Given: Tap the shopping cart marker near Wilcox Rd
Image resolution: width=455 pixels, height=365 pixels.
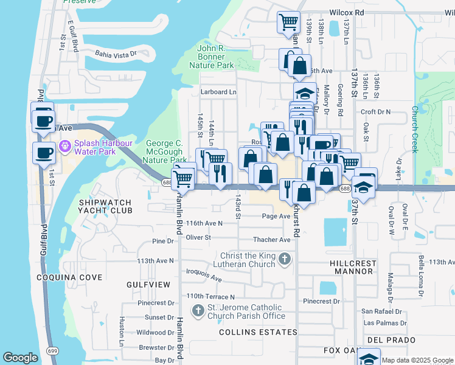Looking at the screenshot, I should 288,23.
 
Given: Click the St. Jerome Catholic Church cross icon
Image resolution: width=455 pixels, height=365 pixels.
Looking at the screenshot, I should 198,311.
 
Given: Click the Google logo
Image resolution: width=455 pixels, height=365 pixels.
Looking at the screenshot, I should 20,358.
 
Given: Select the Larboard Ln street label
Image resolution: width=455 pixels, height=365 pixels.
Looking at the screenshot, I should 218,92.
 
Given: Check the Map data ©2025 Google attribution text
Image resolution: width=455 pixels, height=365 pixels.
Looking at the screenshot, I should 417,360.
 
